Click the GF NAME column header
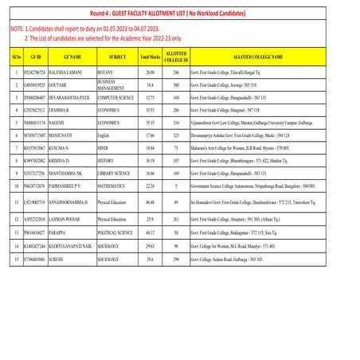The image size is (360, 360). coord(71,57)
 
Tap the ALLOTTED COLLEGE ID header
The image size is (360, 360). coord(175,57)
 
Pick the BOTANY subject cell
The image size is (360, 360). coord(106,72)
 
